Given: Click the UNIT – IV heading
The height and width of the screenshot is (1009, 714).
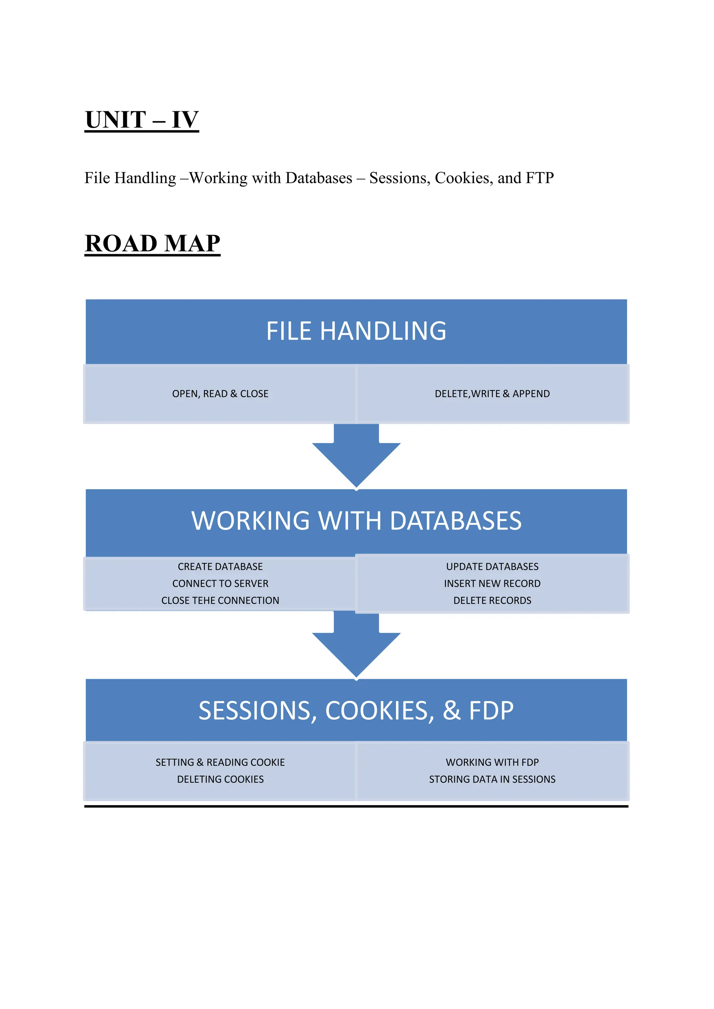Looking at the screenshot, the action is click(x=142, y=120).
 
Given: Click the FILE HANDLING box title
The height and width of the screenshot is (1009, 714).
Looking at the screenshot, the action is click(x=356, y=331).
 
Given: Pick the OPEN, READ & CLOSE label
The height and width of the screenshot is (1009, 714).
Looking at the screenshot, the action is click(x=220, y=394).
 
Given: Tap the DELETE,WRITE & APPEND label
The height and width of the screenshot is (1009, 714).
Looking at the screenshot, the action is click(x=492, y=394).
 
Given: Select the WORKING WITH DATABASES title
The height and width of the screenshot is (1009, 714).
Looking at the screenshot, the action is click(x=356, y=521).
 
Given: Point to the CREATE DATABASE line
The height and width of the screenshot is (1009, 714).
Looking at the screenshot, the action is click(x=220, y=567).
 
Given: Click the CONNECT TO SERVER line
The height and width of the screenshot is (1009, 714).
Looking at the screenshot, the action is click(x=220, y=583).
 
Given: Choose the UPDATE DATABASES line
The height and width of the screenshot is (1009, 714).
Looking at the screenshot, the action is click(x=492, y=567).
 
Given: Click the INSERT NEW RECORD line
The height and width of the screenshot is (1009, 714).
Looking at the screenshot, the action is click(x=492, y=583).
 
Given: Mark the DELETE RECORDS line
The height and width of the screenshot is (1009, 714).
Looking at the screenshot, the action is click(x=492, y=601).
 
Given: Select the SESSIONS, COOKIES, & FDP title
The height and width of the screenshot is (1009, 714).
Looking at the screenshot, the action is click(x=356, y=711).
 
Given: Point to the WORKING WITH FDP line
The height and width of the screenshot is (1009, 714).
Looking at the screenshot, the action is click(x=492, y=763).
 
